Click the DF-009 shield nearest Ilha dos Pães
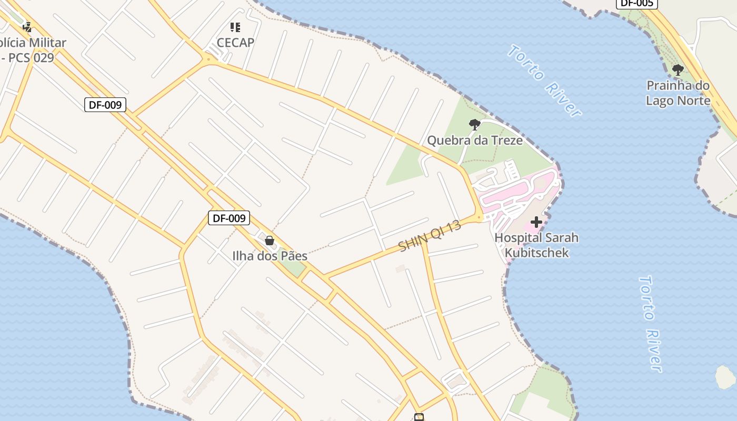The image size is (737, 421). (229, 218)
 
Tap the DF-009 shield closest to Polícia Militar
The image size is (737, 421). (105, 105)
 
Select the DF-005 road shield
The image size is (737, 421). (636, 3)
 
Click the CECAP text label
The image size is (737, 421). (235, 43)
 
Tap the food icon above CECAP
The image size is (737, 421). (235, 27)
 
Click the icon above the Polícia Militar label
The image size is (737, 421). (27, 27)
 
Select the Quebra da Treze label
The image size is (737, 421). (474, 141)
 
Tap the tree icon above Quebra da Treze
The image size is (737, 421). (474, 125)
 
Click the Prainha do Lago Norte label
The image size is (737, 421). (678, 93)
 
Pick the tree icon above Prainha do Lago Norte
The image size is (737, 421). (678, 69)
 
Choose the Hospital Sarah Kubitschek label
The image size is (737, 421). (536, 245)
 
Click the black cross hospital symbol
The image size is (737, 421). (536, 222)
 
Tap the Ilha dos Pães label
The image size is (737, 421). (270, 256)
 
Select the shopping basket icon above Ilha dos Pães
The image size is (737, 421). (270, 240)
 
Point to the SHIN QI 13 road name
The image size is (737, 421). (430, 236)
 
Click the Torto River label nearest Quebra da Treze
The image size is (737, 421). (544, 81)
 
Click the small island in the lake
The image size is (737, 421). (725, 377)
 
